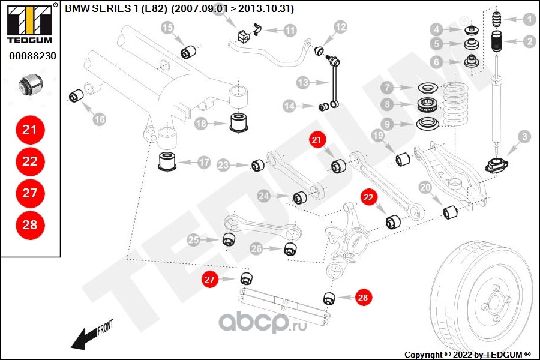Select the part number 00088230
[x=32, y=56]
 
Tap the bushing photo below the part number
[x=31, y=85]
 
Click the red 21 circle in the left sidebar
[x=30, y=130]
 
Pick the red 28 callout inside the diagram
[x=363, y=298]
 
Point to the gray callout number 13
[x=303, y=83]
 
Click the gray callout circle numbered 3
[x=524, y=137]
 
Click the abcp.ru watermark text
[x=262, y=322]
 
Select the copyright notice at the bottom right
[x=467, y=355]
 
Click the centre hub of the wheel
[x=494, y=302]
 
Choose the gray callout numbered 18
[x=201, y=124]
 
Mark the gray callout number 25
[x=194, y=240]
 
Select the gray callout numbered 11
[x=290, y=31]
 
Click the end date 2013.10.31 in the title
[x=265, y=8]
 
